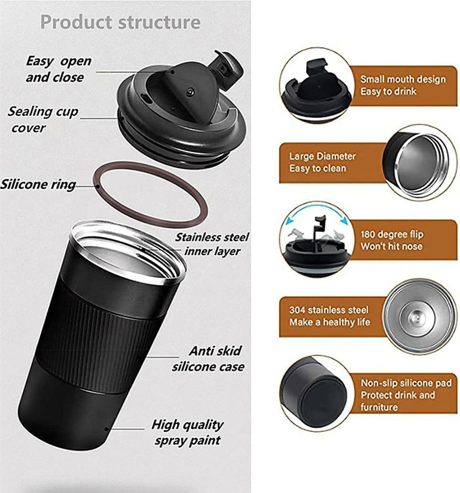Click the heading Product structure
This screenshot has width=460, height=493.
coord(120,22)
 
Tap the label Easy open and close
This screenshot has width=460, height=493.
coord(58,69)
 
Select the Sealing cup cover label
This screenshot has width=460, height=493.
coord(43,120)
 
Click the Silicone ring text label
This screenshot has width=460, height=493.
coord(38,185)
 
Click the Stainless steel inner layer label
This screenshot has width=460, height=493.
coord(212,244)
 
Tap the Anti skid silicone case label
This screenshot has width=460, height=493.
coord(208,359)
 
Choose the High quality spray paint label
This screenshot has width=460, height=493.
coord(188,432)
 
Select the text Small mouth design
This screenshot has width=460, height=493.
coord(403,79)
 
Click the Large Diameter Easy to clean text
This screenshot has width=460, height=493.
coord(322,162)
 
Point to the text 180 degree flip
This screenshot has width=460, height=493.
coord(392,235)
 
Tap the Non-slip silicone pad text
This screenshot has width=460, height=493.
coord(406,383)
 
